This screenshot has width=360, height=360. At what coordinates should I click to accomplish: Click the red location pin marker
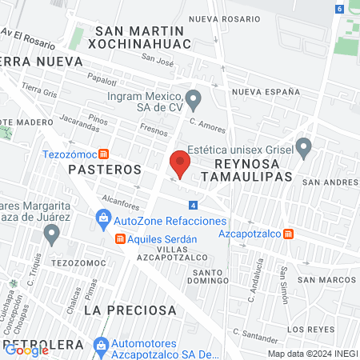click(x=180, y=165)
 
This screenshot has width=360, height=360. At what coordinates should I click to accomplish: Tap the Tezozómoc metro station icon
click(x=104, y=154)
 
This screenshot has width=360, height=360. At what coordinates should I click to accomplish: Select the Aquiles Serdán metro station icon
click(x=121, y=238)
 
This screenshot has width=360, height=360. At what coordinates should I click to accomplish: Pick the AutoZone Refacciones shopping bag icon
click(x=103, y=218)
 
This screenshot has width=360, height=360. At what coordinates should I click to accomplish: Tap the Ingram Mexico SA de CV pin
click(x=193, y=101)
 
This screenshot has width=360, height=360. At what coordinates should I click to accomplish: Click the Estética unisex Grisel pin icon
click(x=303, y=147)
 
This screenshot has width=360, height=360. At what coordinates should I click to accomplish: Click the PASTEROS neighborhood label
click(x=105, y=170)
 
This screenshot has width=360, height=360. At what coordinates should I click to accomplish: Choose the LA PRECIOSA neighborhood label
click(x=130, y=309)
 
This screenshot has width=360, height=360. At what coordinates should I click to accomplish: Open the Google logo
click(x=27, y=350)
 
